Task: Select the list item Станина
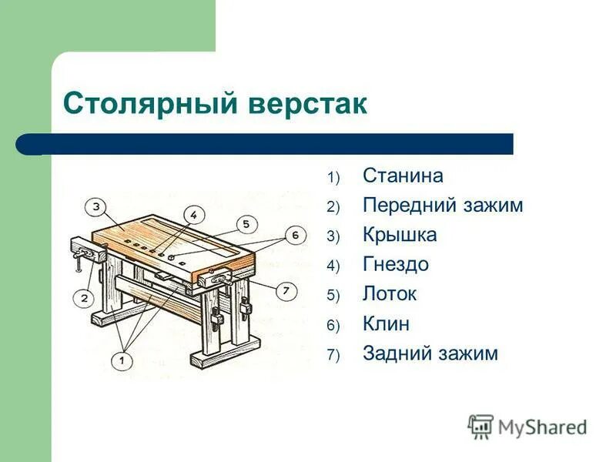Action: tap(403, 176)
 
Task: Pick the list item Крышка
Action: tap(400, 235)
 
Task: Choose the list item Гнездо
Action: tap(396, 265)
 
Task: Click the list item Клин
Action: tap(386, 323)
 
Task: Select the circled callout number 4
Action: tap(194, 215)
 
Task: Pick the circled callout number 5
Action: tap(244, 224)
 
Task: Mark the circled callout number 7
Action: tap(285, 290)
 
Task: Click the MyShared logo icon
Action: tap(480, 426)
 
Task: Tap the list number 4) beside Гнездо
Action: tap(333, 266)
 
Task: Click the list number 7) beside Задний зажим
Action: tap(333, 355)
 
